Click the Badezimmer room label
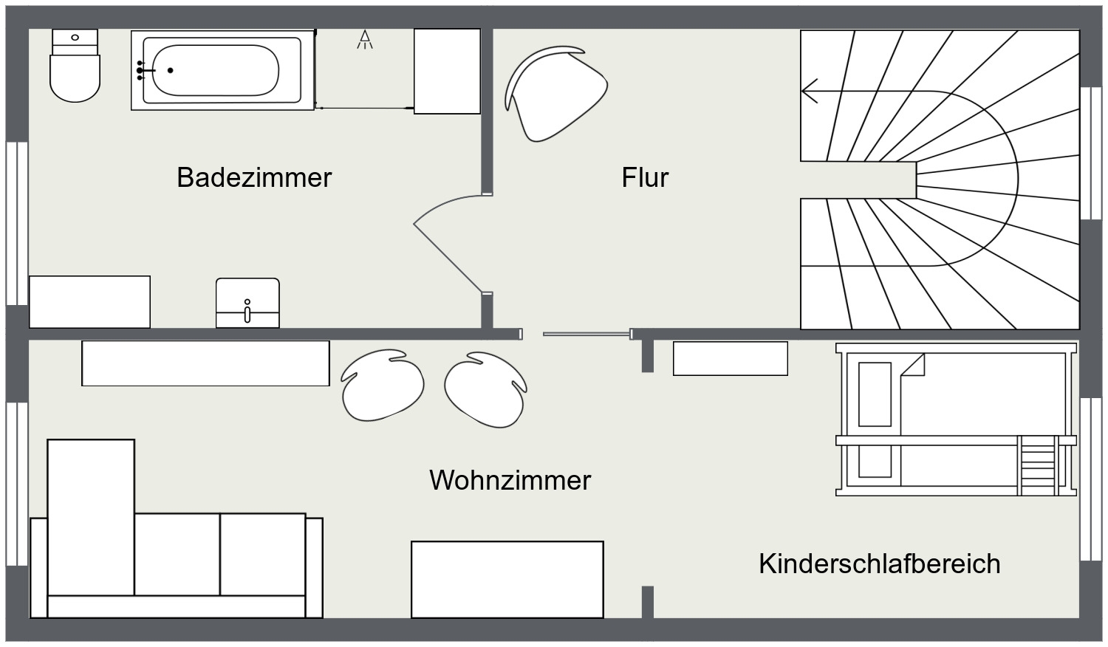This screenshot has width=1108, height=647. (254, 177)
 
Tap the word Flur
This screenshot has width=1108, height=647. (645, 177)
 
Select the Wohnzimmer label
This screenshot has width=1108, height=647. (510, 480)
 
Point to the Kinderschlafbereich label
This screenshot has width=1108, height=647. (879, 564)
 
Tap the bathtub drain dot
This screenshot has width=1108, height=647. (171, 70)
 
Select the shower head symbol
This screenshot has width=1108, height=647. (365, 40)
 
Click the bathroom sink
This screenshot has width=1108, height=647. (247, 303)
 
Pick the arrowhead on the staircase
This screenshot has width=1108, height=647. (810, 92)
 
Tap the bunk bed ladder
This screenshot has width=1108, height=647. (1038, 465)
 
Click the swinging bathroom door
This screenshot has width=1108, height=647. (448, 255)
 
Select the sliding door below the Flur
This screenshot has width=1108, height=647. (587, 334)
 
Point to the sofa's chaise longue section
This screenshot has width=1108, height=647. (91, 517)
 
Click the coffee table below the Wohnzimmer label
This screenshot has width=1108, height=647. (507, 579)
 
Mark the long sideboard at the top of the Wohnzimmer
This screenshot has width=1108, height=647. (205, 363)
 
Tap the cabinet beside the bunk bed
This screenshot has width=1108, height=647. (730, 358)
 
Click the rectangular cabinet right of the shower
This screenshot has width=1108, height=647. (447, 71)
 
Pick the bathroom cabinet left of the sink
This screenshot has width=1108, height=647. (89, 301)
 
